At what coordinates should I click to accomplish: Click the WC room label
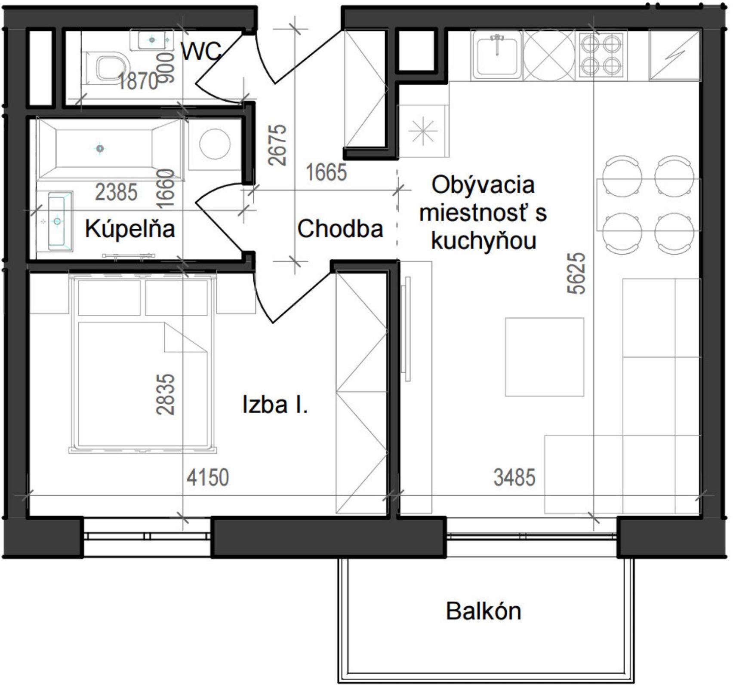[x=201, y=51]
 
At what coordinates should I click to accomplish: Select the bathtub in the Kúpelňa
[x=110, y=148]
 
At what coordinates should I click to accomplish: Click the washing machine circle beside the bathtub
[x=215, y=144]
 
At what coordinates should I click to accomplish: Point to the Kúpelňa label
[x=130, y=229]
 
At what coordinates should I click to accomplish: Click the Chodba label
[x=340, y=229]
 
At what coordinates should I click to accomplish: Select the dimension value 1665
[x=326, y=172]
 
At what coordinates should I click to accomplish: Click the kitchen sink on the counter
[x=497, y=55]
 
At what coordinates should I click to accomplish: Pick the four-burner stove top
[x=601, y=55]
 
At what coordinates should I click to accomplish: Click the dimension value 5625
[x=577, y=273]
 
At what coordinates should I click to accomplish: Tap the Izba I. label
[x=275, y=405]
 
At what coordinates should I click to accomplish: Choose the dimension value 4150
[x=208, y=478]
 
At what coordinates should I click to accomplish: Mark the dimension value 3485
[x=514, y=478]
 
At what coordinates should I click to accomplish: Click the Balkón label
[x=484, y=611]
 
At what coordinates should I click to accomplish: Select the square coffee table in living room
[x=544, y=357]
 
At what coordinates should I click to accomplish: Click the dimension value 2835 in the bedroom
[x=166, y=394]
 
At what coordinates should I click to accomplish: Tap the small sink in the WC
[x=151, y=40]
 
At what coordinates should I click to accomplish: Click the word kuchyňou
[x=484, y=241]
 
